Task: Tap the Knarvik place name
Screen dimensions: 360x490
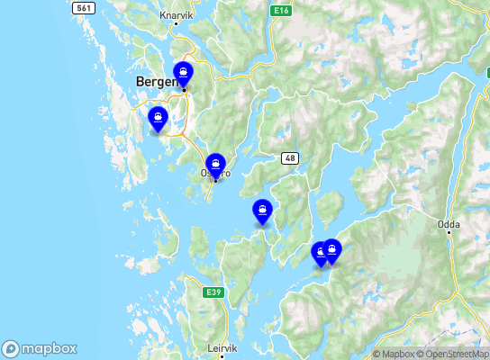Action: [x=176, y=15]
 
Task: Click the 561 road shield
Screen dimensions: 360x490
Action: [x=84, y=7]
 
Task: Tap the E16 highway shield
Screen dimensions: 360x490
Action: [x=280, y=10]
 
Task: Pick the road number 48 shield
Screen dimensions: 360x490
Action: [x=290, y=158]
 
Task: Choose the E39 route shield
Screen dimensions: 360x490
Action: [x=213, y=292]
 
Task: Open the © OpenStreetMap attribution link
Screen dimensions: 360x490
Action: [x=456, y=354]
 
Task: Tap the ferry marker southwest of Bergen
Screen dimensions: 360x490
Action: [x=158, y=118]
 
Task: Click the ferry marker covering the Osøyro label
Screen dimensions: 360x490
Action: [x=214, y=166]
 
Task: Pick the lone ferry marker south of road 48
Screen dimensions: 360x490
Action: [x=262, y=211]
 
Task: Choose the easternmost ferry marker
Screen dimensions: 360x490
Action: [x=331, y=250]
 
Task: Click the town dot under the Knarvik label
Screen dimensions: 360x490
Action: [x=177, y=24]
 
